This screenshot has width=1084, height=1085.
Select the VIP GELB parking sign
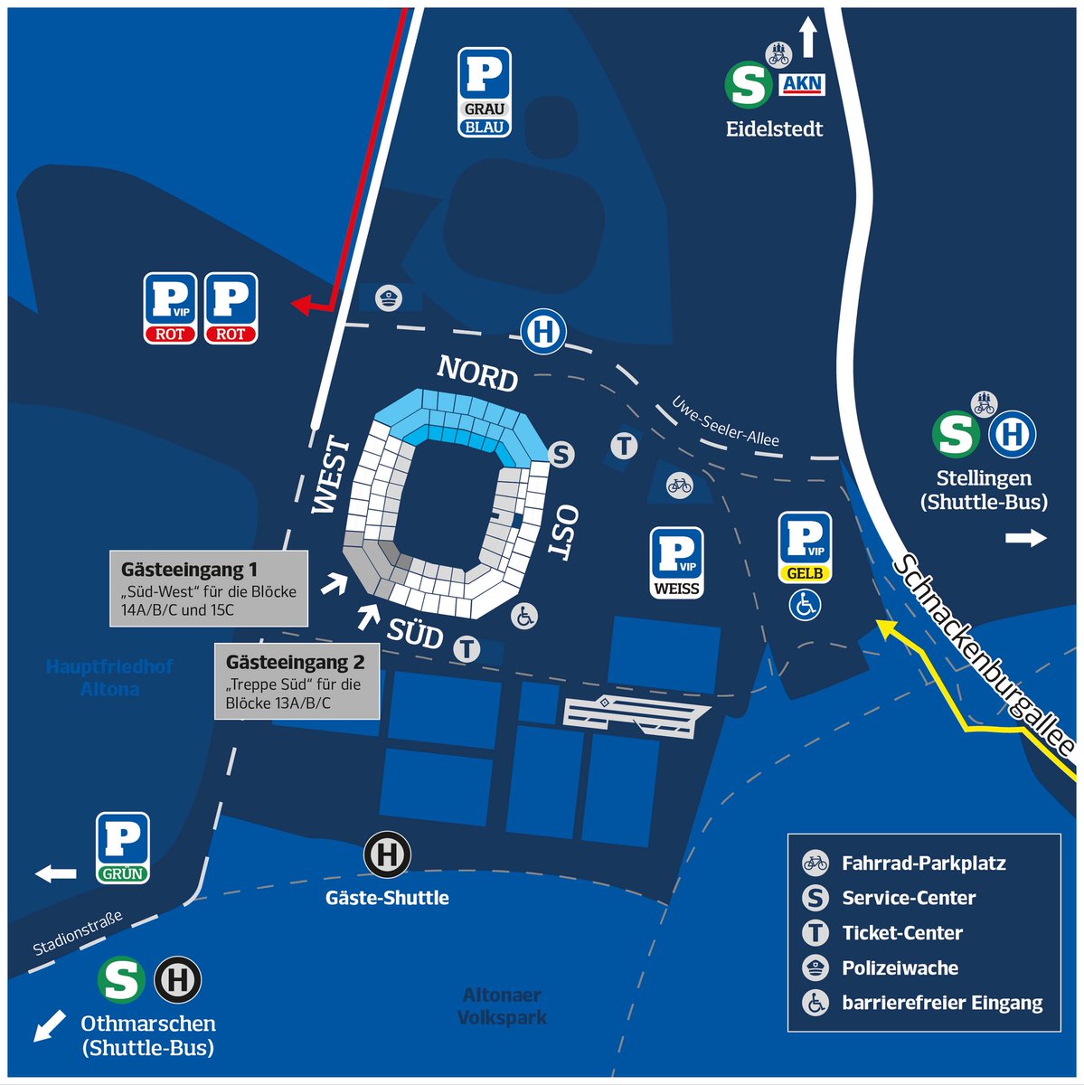805,548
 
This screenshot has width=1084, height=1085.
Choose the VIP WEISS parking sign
676,563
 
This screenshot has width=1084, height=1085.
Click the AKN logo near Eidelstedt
802,85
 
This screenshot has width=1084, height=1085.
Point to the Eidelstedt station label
774,128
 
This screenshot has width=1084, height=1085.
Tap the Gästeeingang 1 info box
209,589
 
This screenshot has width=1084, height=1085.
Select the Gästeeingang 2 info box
295,682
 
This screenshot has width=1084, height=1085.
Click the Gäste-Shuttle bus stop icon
388,854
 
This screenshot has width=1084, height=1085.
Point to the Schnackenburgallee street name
984,655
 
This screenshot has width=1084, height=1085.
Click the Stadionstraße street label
78,934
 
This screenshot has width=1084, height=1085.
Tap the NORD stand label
477,373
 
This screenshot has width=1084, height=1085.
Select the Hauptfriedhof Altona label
109,677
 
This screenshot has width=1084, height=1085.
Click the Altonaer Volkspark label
502,1005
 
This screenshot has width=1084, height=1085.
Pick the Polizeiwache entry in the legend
900,968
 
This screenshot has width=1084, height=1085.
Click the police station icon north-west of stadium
388,297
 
